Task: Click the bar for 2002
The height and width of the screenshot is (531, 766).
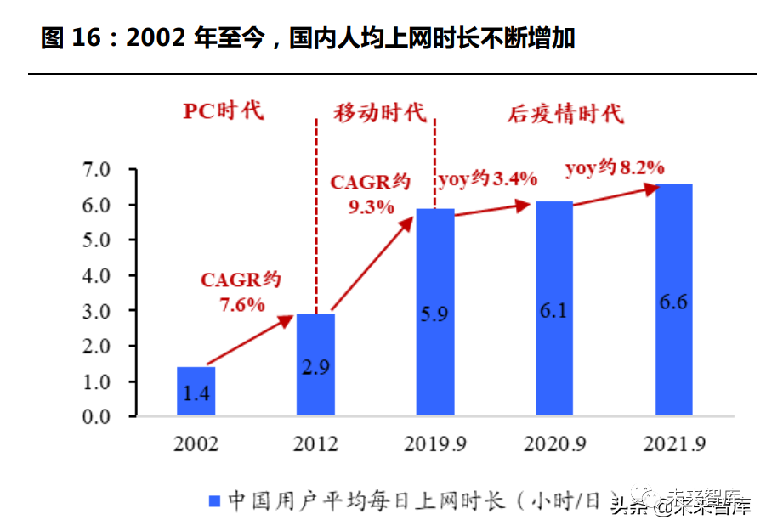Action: [196, 391]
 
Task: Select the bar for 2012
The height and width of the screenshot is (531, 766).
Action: [315, 364]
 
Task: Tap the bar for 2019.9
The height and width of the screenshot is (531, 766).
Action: [435, 312]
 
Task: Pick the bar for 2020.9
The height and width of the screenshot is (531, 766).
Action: [554, 308]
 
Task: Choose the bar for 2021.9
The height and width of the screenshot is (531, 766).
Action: [674, 299]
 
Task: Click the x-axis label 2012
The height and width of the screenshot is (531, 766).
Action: [315, 444]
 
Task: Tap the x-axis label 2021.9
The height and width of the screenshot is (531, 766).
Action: [674, 444]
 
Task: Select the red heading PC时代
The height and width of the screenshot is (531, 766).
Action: [224, 111]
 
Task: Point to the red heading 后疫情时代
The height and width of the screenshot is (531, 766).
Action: [565, 114]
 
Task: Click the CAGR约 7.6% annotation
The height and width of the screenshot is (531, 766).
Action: [241, 291]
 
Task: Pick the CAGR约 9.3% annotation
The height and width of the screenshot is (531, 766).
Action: [371, 194]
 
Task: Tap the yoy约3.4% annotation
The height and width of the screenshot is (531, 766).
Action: [487, 179]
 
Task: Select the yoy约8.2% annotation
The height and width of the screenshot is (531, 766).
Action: [615, 168]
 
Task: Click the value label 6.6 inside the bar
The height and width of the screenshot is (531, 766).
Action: [673, 302]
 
